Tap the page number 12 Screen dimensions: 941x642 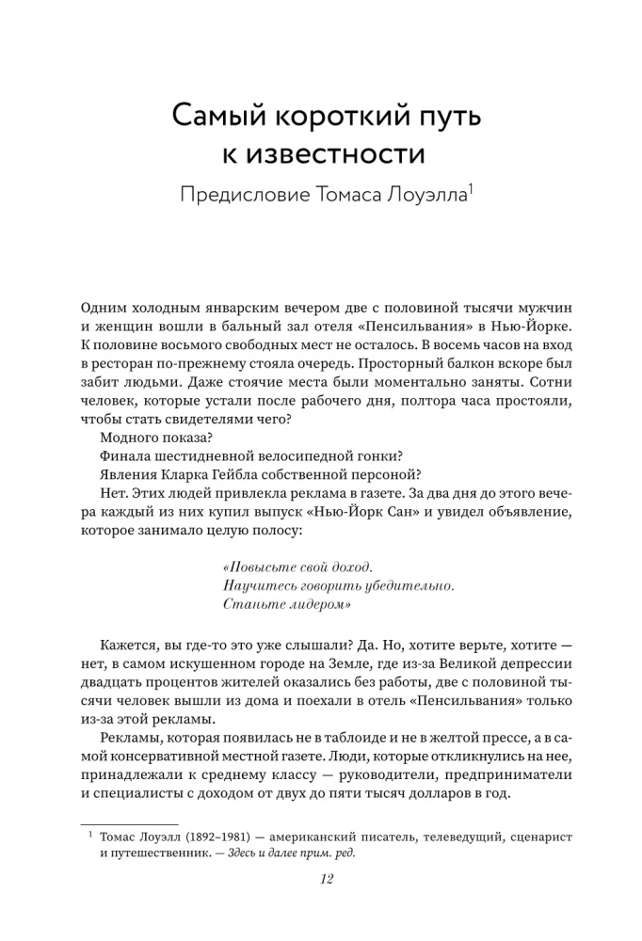coord(322,881)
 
